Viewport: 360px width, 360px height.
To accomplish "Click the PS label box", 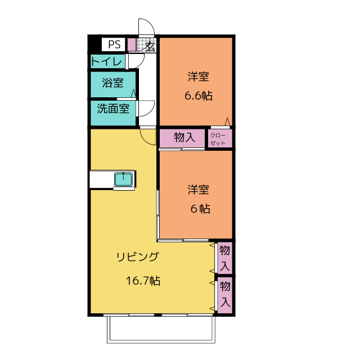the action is (114, 44).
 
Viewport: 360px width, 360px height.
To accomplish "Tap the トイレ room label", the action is (106, 61).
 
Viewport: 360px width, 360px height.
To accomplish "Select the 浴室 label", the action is (112, 83).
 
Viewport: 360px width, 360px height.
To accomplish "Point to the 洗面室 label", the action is (113, 109).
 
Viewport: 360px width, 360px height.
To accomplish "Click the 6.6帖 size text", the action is (199, 96).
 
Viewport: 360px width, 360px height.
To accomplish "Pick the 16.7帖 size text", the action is (143, 280).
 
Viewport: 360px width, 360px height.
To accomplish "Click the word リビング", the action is (137, 257).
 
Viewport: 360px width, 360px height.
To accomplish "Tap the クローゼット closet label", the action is (218, 139).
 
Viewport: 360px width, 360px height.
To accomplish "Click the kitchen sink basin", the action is (124, 179).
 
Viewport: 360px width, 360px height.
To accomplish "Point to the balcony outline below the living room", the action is (161, 342).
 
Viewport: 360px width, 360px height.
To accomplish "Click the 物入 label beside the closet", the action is (184, 137).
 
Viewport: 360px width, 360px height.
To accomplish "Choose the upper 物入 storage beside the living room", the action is (225, 258).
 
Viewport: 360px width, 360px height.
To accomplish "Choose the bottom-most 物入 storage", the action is (225, 295).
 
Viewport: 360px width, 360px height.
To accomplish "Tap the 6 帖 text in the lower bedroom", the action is (200, 209).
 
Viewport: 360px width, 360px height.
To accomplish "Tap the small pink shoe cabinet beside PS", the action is (132, 44).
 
